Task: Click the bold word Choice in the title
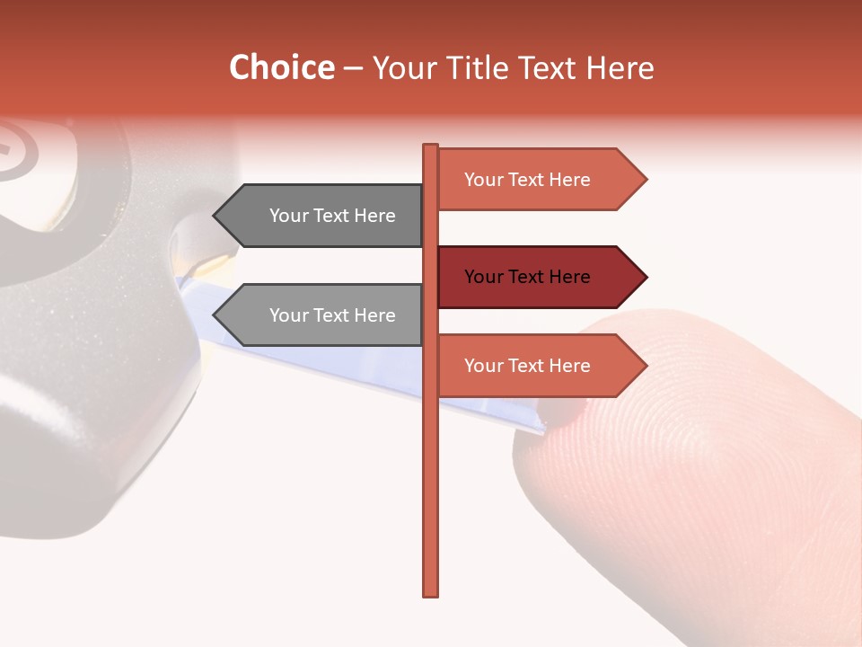point(281,67)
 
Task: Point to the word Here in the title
point(620,67)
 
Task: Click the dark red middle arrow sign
point(539,277)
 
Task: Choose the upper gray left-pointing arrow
point(323,216)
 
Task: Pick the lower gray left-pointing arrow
point(323,315)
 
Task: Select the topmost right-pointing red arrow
point(539,180)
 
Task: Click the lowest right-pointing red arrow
point(539,366)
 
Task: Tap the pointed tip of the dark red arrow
point(645,277)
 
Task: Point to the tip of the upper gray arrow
point(215,216)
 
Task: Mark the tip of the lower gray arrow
point(215,315)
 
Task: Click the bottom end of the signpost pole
point(431,593)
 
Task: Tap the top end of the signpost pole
point(431,147)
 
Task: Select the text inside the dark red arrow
point(527,277)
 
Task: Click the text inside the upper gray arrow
point(332,216)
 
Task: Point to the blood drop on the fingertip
point(567,412)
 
